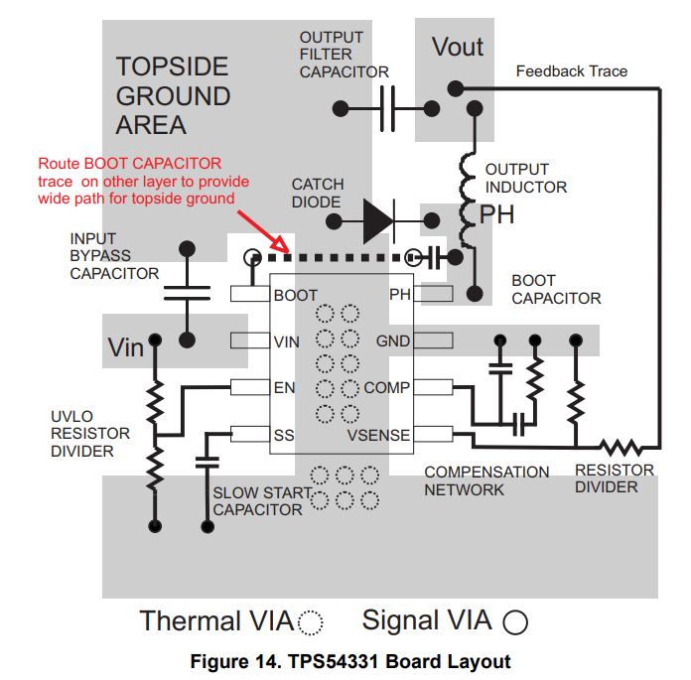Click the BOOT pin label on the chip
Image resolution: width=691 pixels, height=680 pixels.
(295, 295)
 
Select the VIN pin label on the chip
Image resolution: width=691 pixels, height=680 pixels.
(287, 341)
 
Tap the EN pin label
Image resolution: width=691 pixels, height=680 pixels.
(285, 387)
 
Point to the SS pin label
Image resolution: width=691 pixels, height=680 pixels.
(284, 434)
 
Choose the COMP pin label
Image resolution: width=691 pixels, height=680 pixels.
(387, 387)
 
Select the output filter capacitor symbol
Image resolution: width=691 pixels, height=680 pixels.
(387, 107)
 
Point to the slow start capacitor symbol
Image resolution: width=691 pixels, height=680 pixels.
(207, 462)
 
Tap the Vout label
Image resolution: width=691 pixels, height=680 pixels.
(458, 47)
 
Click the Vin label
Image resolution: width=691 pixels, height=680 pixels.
(126, 348)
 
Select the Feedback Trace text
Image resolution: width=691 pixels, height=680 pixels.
(572, 71)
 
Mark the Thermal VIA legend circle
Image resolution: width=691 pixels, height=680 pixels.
(312, 622)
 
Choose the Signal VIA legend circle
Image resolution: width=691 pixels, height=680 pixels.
(515, 622)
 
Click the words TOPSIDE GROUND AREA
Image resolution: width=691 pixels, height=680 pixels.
(173, 96)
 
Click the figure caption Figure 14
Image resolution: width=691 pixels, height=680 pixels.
(350, 662)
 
